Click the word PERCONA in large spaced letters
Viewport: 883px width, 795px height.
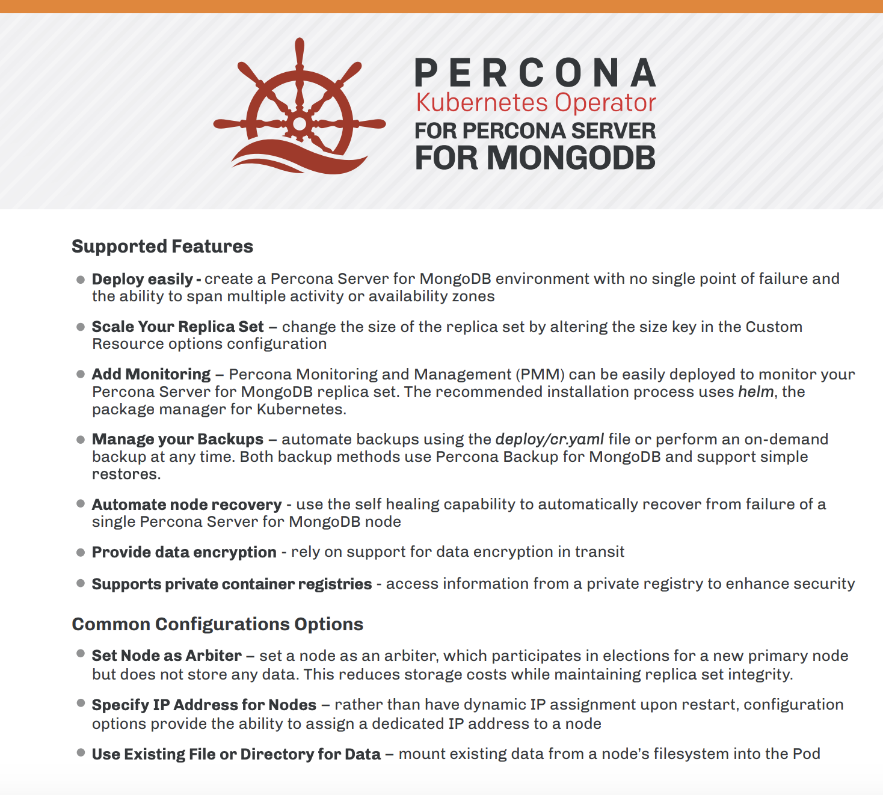535,73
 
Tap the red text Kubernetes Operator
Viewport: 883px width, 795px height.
535,103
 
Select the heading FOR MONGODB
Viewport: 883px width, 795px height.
535,158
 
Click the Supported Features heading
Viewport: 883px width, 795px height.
162,247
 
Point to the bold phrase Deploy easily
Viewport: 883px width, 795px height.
143,279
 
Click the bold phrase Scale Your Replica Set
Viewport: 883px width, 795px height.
177,327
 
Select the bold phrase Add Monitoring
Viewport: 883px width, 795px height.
151,374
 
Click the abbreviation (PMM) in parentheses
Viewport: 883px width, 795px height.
540,374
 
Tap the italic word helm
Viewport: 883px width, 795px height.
755,391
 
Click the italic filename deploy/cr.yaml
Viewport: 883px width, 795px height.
550,439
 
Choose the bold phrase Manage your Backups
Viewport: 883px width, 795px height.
177,439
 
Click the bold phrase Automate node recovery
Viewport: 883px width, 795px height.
186,505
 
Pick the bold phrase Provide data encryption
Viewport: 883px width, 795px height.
184,552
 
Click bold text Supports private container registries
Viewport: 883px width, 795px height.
232,584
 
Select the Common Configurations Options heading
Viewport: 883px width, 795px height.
217,624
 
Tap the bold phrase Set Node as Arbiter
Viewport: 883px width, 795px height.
167,655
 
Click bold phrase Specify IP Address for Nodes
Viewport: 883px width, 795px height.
204,705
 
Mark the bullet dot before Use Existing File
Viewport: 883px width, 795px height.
81,752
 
